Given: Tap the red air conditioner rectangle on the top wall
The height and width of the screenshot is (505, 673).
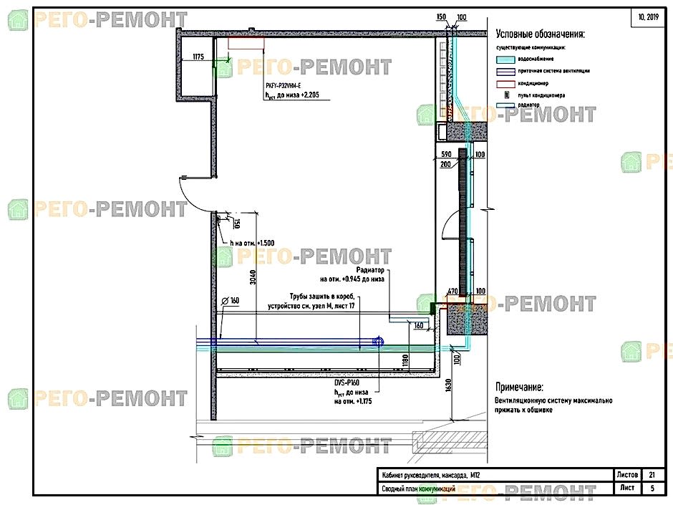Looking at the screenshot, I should click(x=246, y=44).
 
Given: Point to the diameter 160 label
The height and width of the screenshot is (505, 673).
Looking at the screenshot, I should click(x=230, y=301).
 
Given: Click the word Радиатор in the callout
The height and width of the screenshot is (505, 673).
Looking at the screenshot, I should click(x=369, y=271).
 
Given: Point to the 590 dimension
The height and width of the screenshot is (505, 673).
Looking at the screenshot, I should click(x=445, y=155).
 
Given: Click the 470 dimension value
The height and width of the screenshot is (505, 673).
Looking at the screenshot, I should click(x=452, y=292).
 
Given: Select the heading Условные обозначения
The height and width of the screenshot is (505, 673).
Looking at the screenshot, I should click(x=540, y=34).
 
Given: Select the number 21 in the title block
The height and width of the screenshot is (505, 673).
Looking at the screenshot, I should click(x=651, y=474).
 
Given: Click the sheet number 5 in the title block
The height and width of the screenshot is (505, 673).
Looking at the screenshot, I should click(x=651, y=489).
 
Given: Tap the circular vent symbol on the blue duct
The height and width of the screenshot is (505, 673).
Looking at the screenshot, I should click(x=379, y=342).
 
